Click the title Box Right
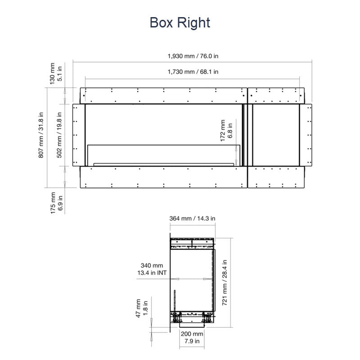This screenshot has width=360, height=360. [180, 23]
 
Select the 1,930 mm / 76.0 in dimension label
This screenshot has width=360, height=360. [193, 56]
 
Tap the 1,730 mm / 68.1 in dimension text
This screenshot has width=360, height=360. [193, 72]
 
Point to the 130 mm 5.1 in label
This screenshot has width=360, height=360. [56, 73]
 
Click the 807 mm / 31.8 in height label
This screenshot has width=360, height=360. [41, 135]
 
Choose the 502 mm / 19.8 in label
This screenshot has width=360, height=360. [59, 135]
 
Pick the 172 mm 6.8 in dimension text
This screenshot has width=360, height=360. [226, 130]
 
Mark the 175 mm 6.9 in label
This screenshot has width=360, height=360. [56, 203]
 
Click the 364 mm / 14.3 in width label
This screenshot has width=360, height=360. [193, 218]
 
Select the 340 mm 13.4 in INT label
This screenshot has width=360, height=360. [152, 269]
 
